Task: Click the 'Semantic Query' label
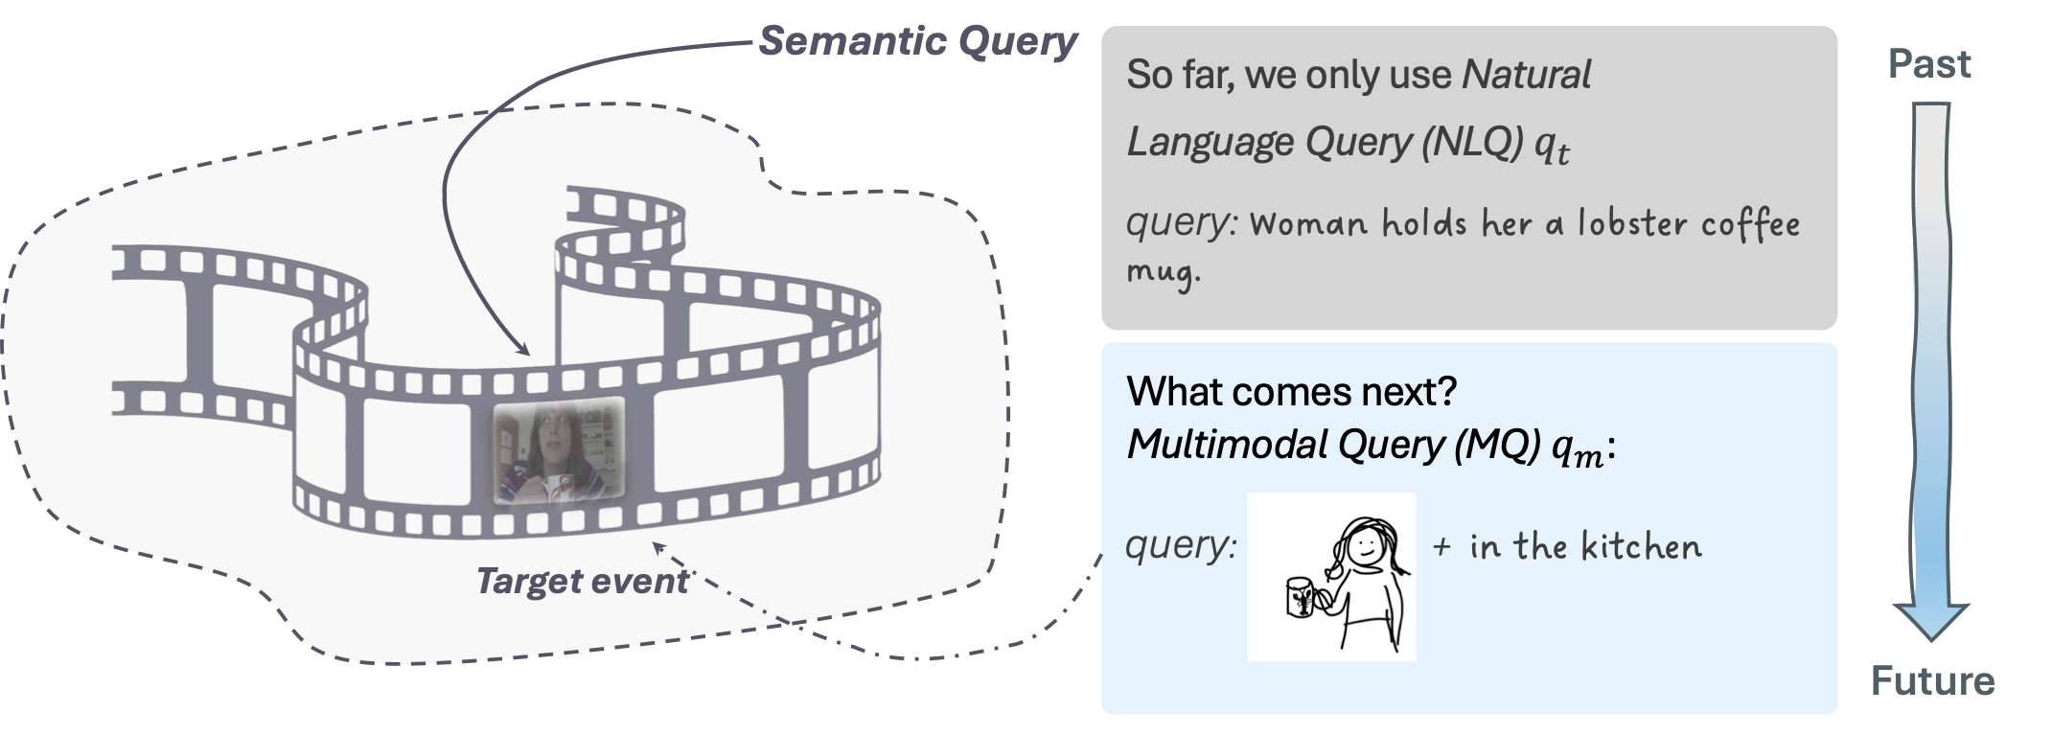pyautogui.click(x=917, y=40)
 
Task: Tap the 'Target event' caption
pyautogui.click(x=582, y=581)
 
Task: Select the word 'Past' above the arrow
pyautogui.click(x=1928, y=64)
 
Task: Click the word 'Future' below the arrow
pyautogui.click(x=1932, y=681)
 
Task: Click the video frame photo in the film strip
pyautogui.click(x=558, y=451)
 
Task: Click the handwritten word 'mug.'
pyautogui.click(x=1163, y=271)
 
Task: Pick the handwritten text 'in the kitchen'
pyautogui.click(x=1585, y=546)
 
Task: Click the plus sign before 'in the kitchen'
pyautogui.click(x=1441, y=547)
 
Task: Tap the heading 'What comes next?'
pyautogui.click(x=1291, y=391)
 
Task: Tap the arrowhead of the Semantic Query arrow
pyautogui.click(x=523, y=350)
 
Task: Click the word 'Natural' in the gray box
pyautogui.click(x=1526, y=75)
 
